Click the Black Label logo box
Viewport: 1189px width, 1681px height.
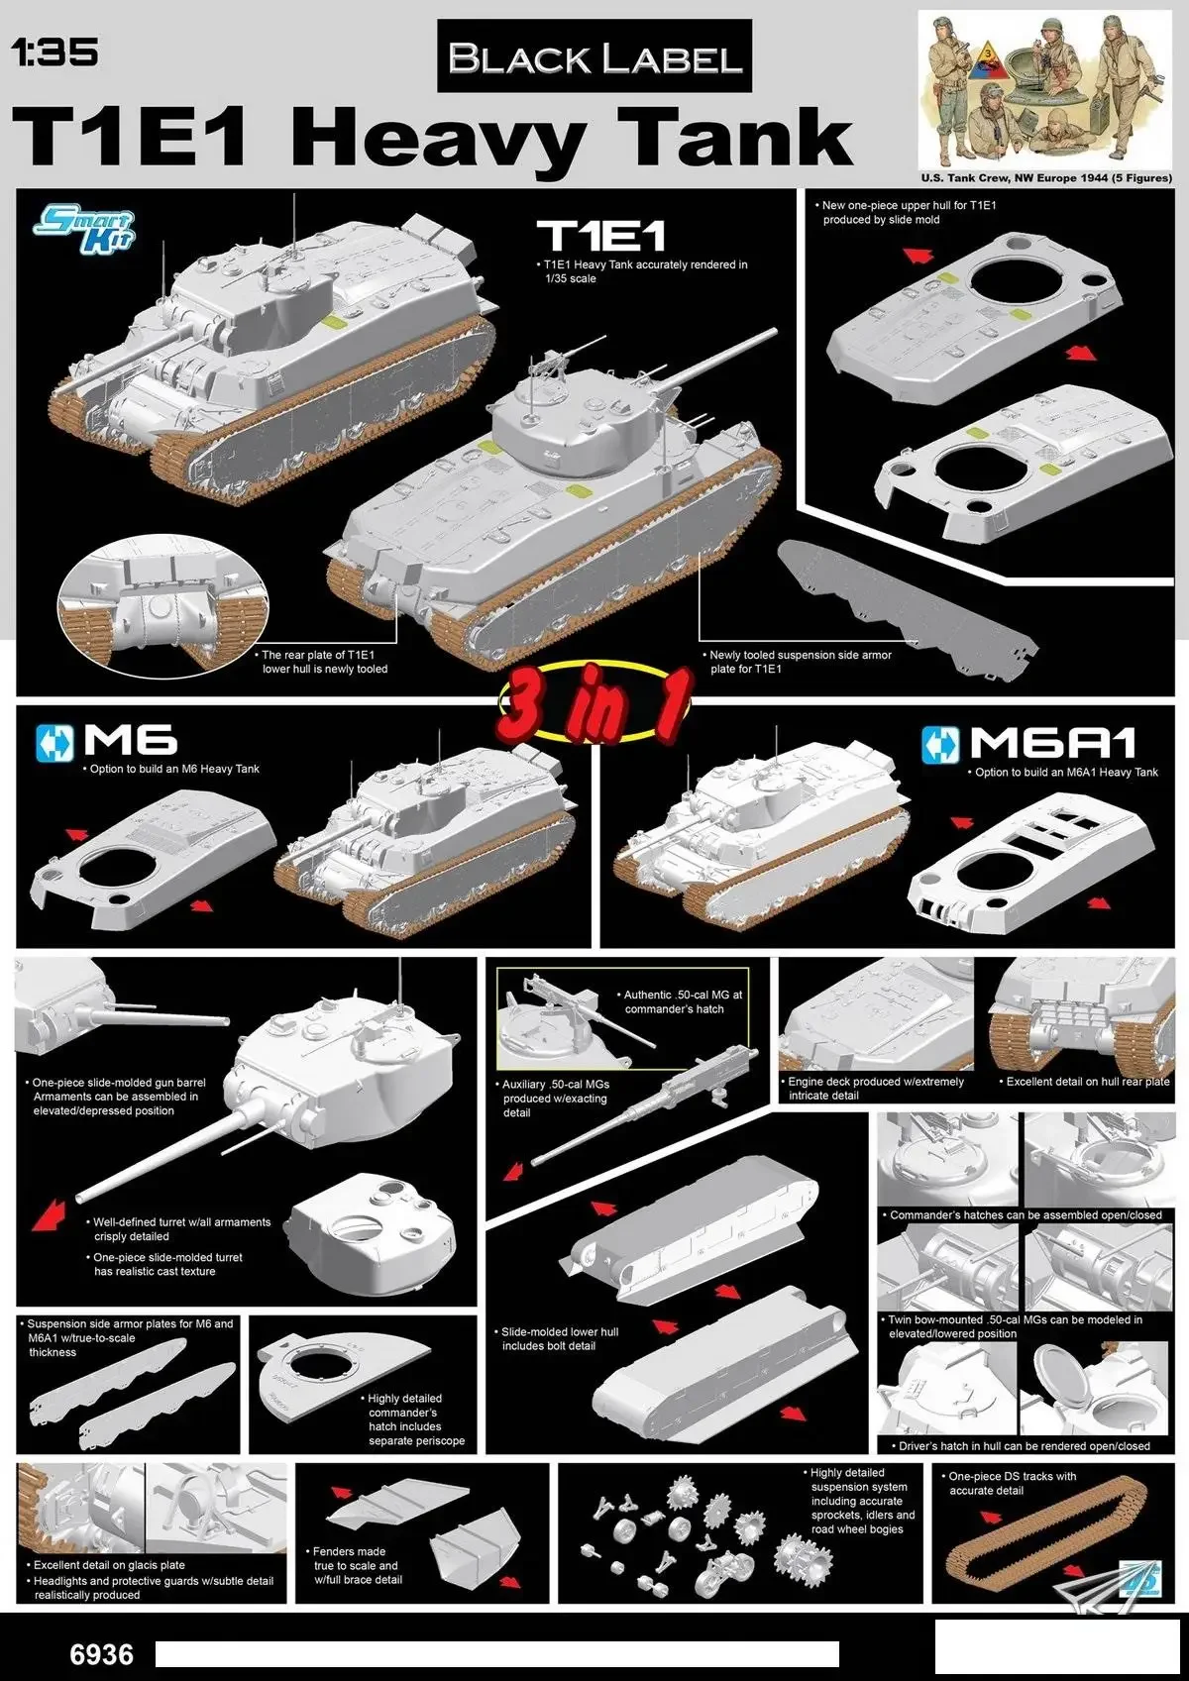pos(594,57)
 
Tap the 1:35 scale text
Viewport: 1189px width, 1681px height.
pos(54,52)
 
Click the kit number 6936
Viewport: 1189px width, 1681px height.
pos(101,1655)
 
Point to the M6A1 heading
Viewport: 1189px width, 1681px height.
pos(1052,743)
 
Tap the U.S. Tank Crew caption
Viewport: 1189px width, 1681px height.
pos(1045,178)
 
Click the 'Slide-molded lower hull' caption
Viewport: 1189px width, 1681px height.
pos(560,1339)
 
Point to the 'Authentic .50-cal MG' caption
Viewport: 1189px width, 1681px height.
pos(683,1001)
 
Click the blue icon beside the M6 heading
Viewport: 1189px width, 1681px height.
pos(54,743)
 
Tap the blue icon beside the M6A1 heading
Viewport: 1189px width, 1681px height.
pos(940,745)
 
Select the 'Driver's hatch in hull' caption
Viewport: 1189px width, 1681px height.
pos(1024,1446)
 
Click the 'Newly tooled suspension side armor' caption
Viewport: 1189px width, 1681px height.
pos(801,662)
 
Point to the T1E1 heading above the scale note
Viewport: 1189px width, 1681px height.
pos(601,236)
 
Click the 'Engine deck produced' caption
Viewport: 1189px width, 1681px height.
pos(876,1089)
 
